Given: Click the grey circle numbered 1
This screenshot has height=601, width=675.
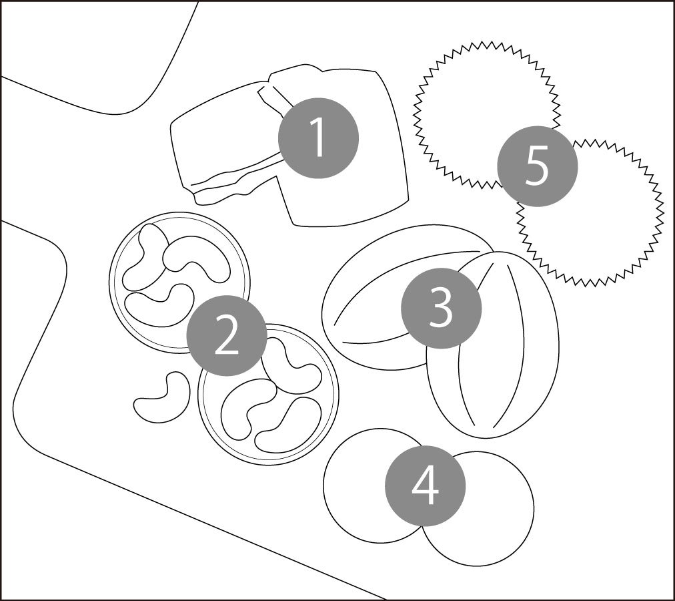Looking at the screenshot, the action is point(318,138).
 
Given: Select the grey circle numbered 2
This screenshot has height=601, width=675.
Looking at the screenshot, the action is point(227,337).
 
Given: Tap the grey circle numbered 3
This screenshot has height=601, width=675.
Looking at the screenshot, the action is point(441,308).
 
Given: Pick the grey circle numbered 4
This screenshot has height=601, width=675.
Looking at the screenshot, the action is point(426,485).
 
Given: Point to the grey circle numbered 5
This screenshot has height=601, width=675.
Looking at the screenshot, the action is point(537,166).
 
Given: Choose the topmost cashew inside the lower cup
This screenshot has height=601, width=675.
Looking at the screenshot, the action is point(293,361).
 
